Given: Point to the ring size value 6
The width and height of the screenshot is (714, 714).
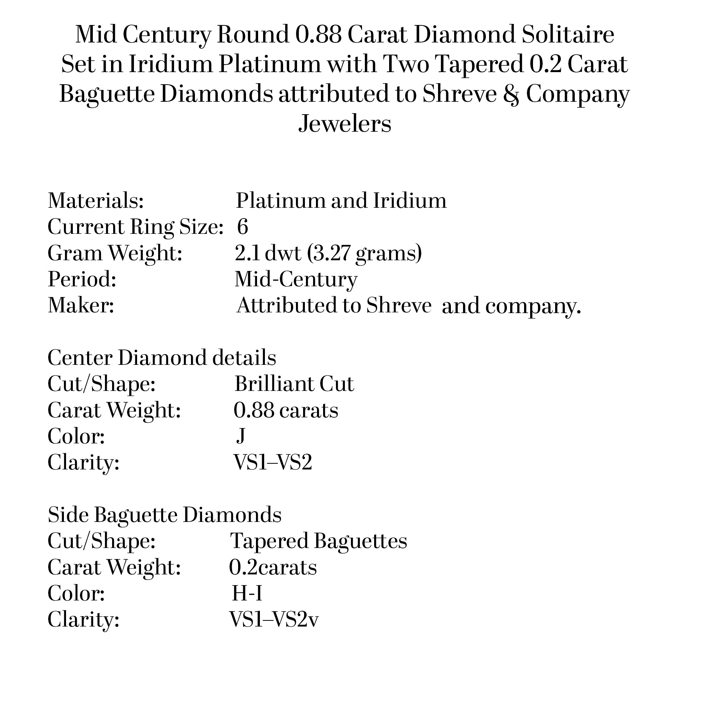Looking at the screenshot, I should (242, 227).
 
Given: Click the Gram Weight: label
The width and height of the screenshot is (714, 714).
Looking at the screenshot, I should (115, 253).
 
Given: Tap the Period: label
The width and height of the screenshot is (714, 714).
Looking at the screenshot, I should (82, 279).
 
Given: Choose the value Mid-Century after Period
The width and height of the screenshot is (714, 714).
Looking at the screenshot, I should (296, 279).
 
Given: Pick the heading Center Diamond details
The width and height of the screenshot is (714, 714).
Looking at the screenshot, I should (162, 357).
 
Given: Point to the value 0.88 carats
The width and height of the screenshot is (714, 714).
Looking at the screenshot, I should (286, 410).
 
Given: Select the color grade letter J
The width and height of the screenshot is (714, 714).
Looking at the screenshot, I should (241, 436).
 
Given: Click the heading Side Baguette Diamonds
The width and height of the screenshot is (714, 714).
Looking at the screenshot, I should (165, 514).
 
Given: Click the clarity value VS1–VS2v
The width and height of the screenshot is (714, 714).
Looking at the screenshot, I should (273, 619).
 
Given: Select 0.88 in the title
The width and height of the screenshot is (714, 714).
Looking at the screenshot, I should (318, 35).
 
